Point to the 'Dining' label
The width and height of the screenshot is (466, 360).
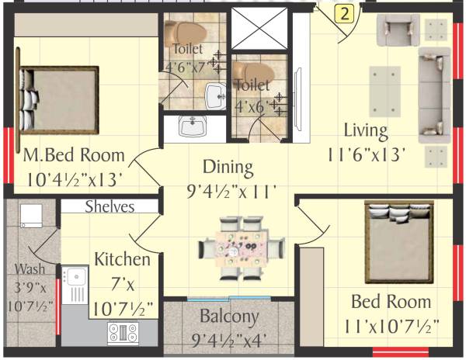pyautogui.click(x=228, y=166)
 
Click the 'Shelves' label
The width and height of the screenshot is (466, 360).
pyautogui.click(x=110, y=207)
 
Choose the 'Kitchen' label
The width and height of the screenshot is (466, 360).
pyautogui.click(x=122, y=258)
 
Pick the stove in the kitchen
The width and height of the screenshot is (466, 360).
pyautogui.click(x=122, y=333)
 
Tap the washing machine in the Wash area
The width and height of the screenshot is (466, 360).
pyautogui.click(x=29, y=216)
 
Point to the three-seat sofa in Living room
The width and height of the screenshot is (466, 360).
pyautogui.click(x=433, y=94)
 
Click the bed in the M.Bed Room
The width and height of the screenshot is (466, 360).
pyautogui.click(x=58, y=99)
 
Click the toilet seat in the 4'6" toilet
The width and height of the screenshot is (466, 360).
pyautogui.click(x=187, y=33)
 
